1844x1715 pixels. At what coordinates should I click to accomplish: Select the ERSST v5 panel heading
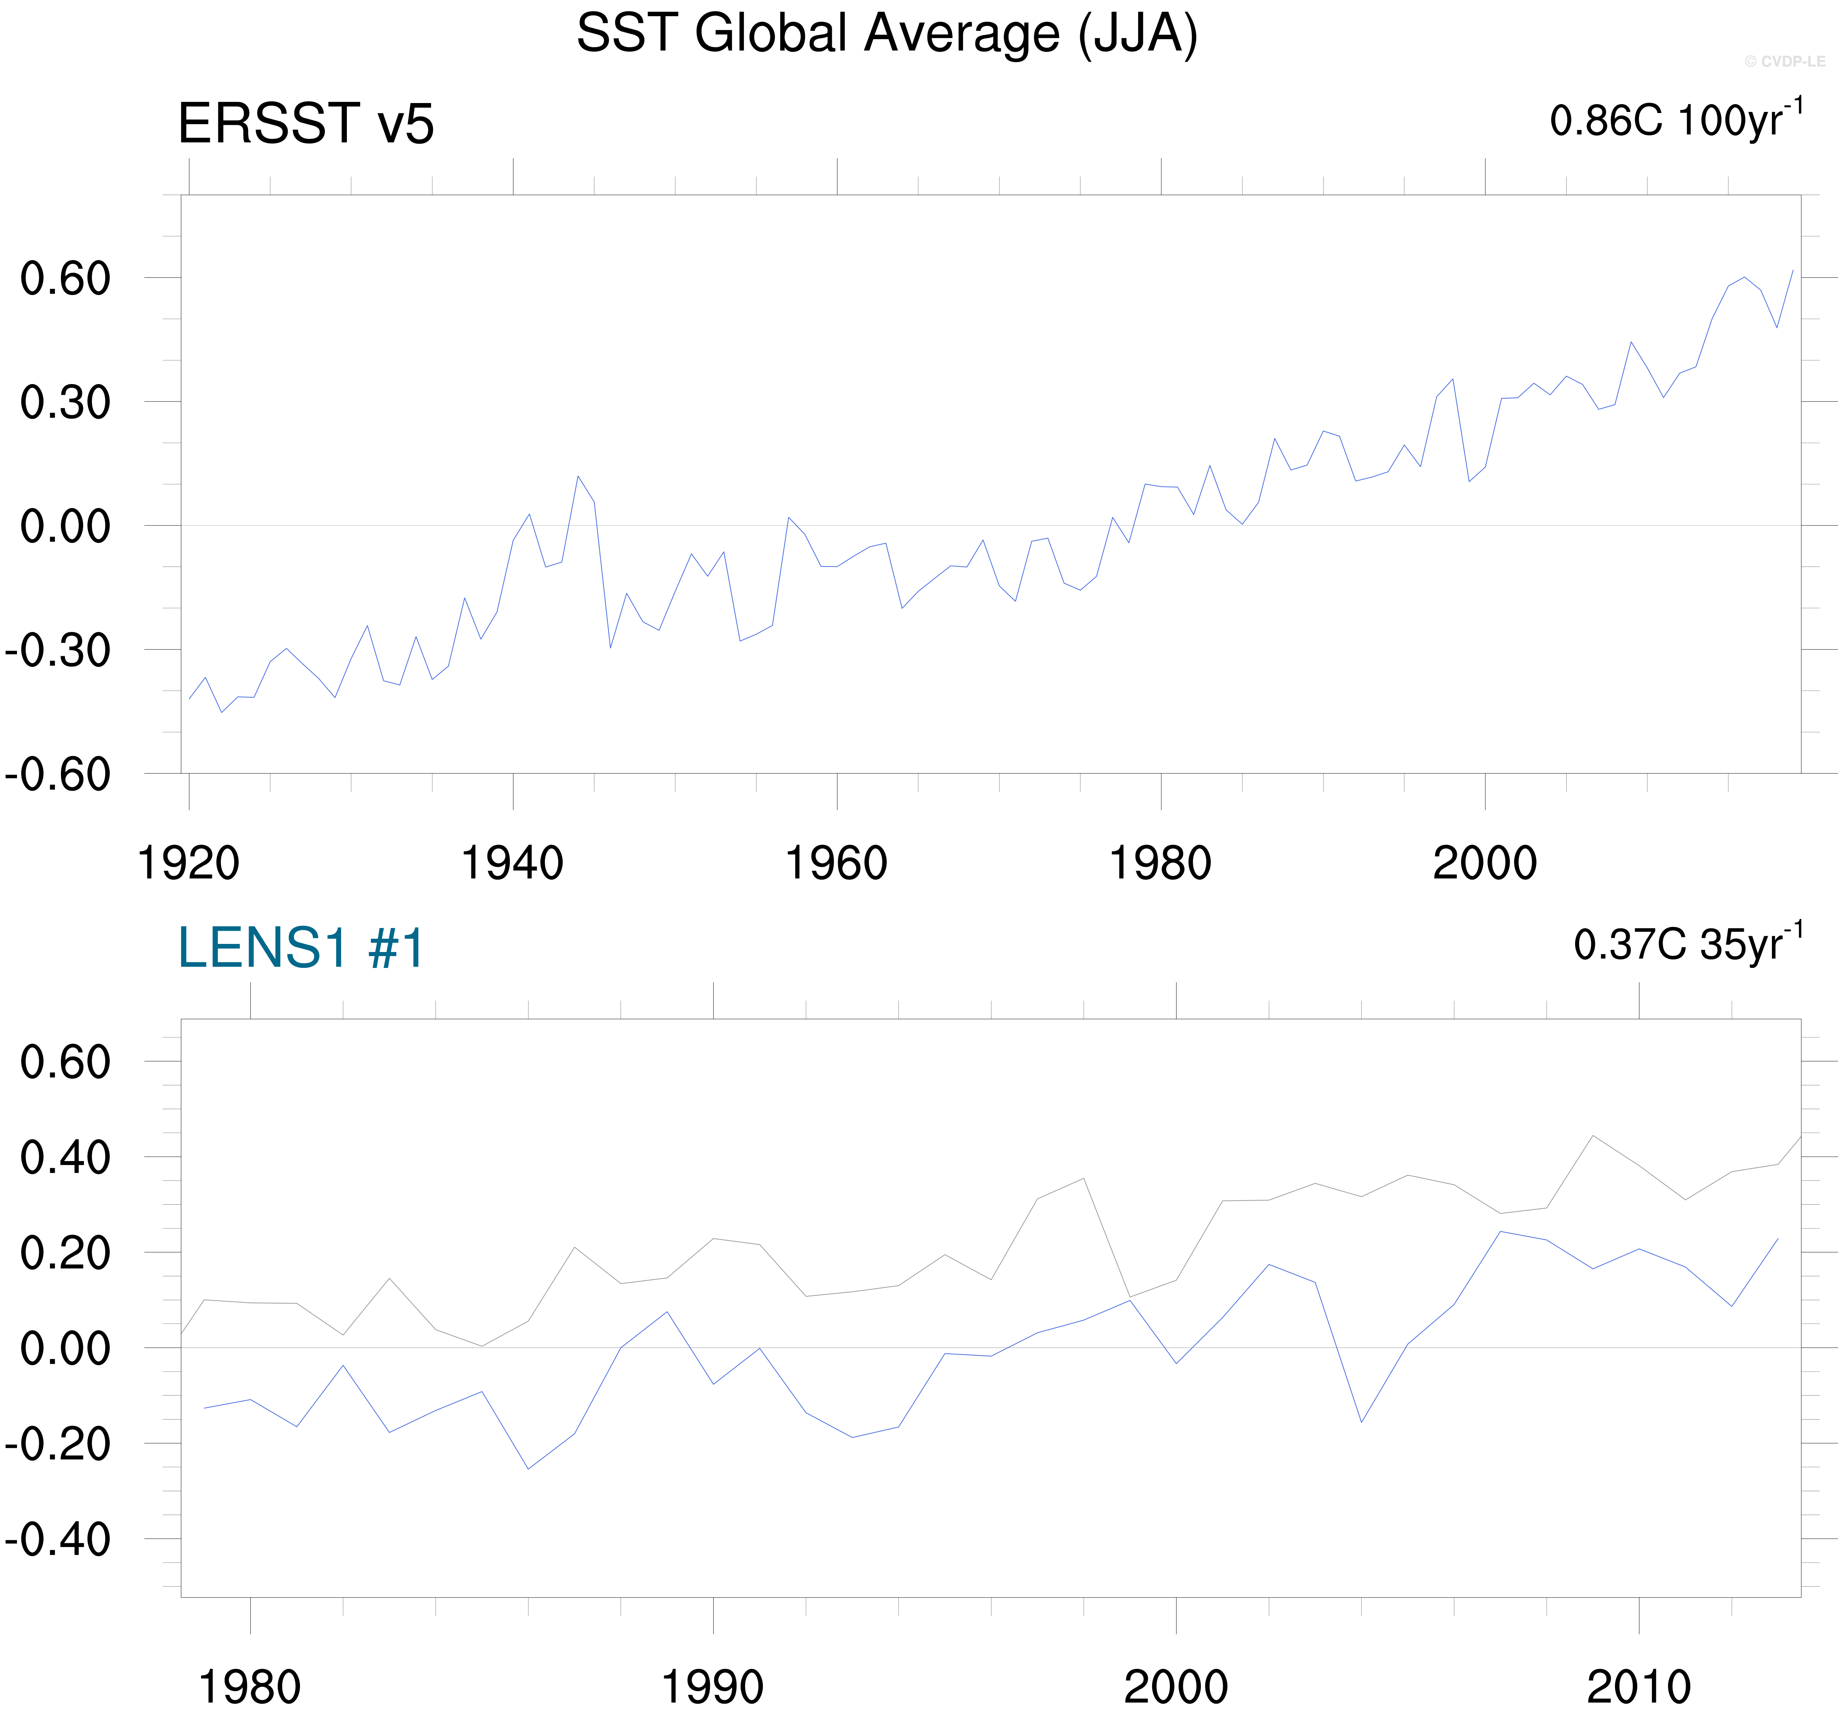click(x=305, y=123)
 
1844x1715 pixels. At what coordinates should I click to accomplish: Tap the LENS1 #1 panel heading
click(x=301, y=948)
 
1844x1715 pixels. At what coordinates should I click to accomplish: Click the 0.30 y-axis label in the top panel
click(x=65, y=403)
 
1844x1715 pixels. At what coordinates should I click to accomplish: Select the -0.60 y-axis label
click(x=58, y=774)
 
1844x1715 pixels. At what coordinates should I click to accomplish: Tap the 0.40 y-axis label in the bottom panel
click(x=65, y=1158)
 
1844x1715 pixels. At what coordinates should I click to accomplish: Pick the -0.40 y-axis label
click(x=58, y=1540)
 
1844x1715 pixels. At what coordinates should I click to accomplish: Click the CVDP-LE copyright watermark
click(x=1784, y=61)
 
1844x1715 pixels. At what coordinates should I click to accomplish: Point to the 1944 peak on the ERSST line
click(x=578, y=477)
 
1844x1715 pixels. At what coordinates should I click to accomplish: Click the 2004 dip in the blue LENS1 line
click(x=1361, y=1422)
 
